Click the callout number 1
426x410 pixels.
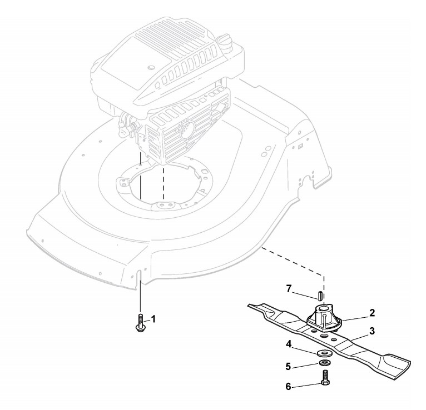[x=153, y=319]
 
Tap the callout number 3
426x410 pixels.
[x=372, y=331]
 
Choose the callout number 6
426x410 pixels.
[x=288, y=386]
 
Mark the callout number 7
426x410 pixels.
[x=289, y=289]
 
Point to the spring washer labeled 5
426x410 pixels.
[x=324, y=364]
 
